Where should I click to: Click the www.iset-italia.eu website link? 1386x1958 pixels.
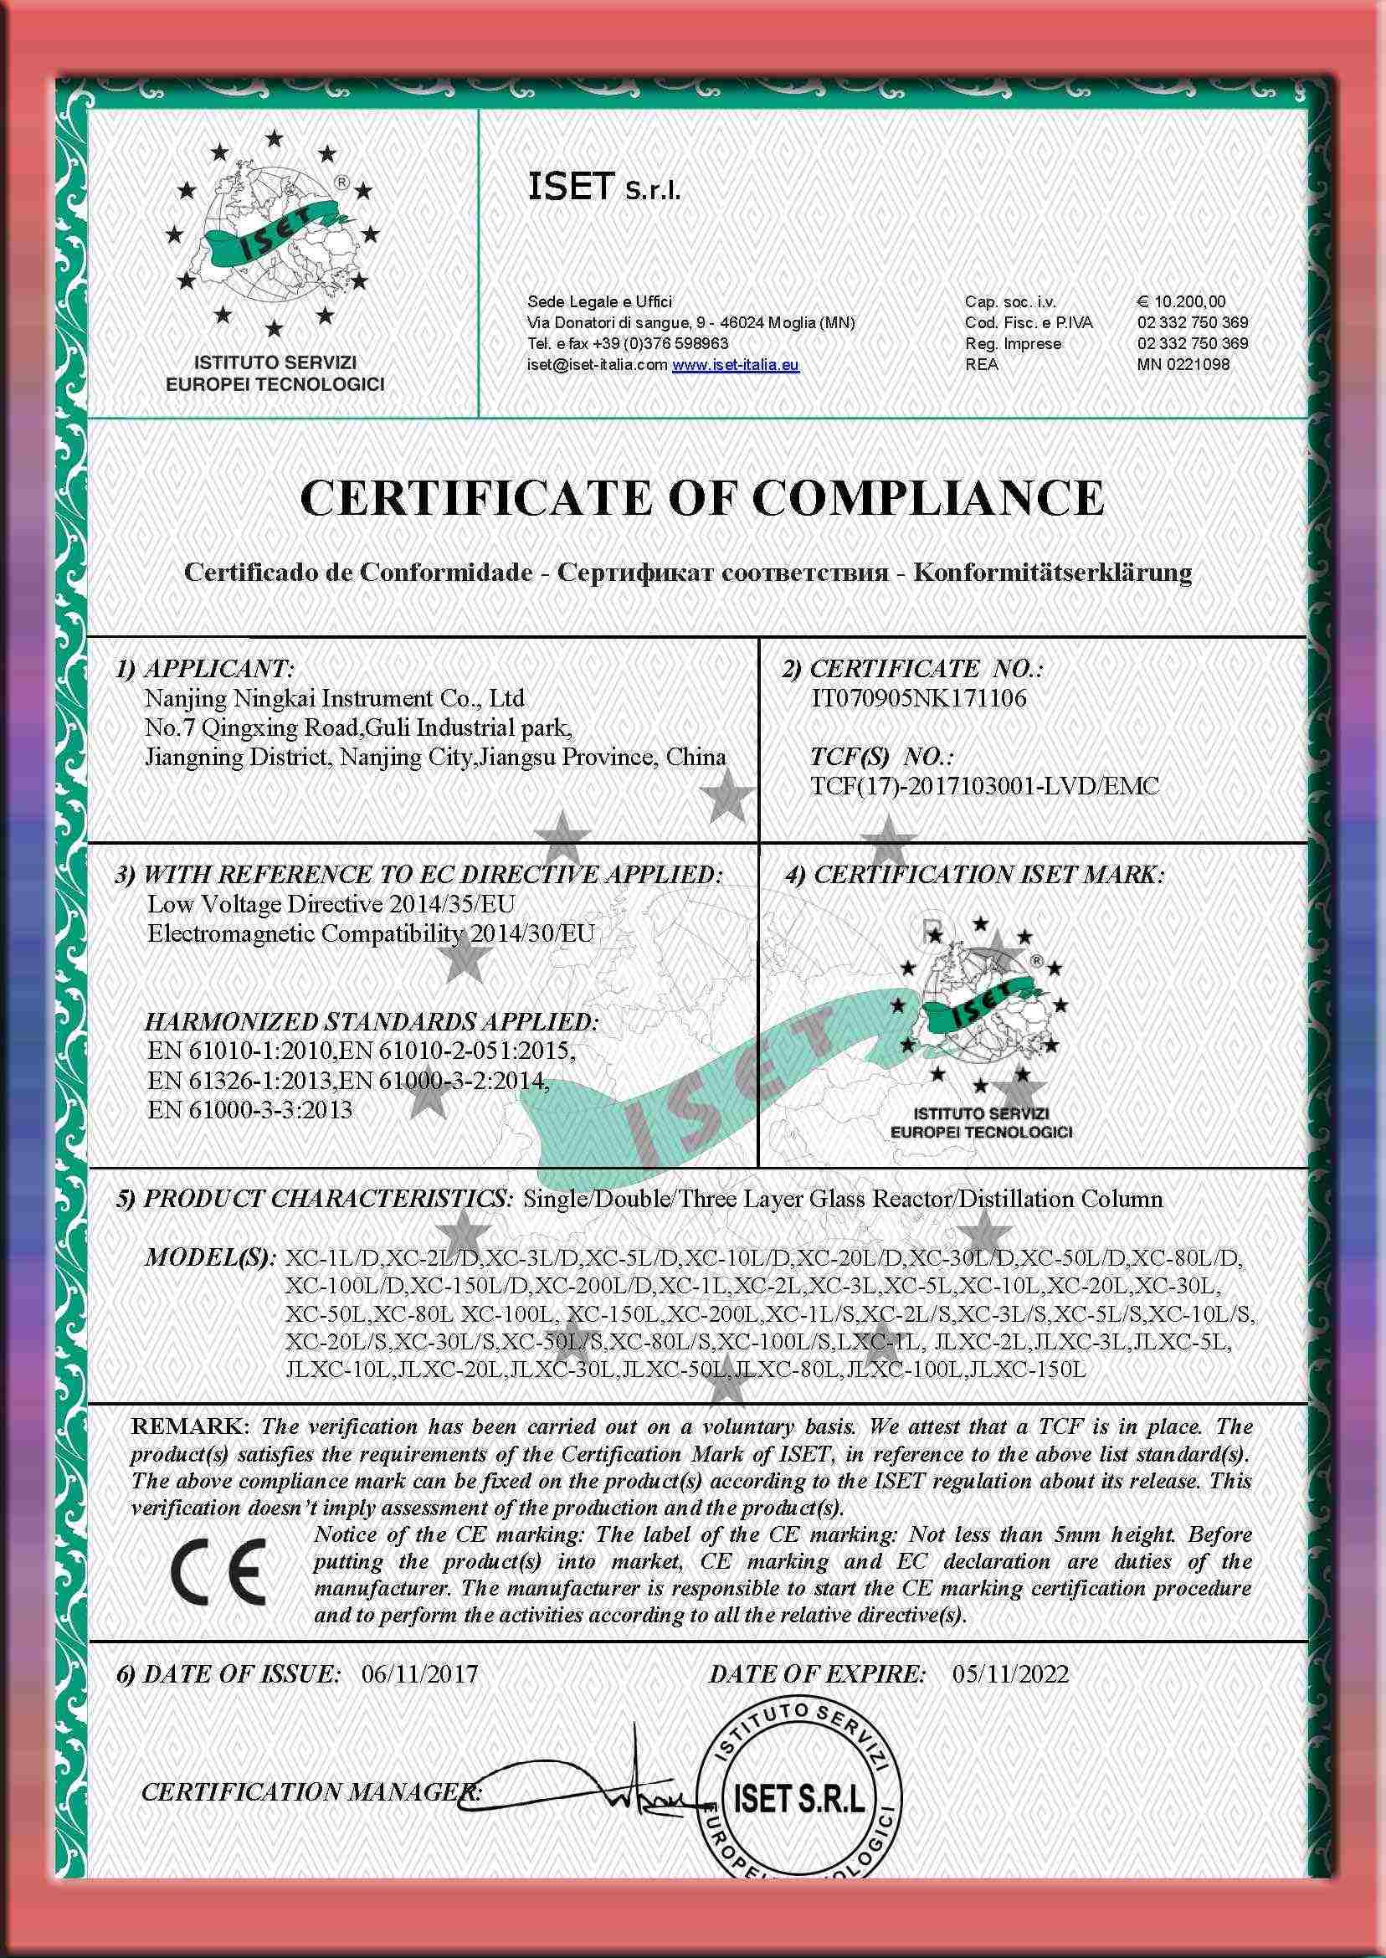click(736, 364)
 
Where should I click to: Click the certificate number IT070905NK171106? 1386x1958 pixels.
click(917, 698)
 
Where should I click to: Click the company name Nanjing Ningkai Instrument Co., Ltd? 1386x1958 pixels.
click(335, 698)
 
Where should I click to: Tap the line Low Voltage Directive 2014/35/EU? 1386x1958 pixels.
click(331, 904)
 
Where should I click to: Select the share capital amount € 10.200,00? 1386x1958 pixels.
click(1181, 301)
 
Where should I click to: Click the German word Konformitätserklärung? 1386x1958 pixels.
click(1052, 572)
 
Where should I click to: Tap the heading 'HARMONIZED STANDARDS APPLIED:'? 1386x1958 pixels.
click(372, 1021)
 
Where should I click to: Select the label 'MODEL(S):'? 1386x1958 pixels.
click(210, 1257)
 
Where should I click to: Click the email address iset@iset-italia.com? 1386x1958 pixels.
click(597, 364)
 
